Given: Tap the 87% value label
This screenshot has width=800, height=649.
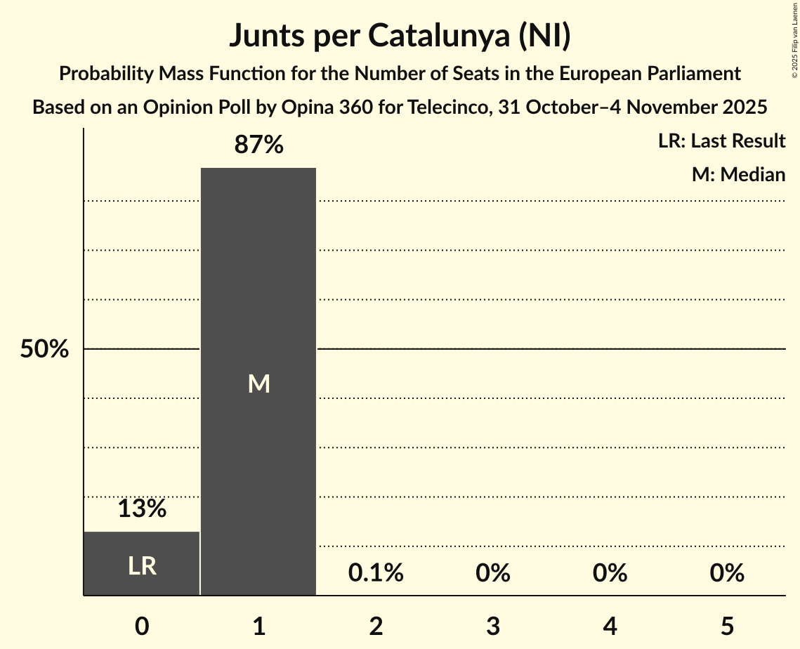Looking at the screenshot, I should [x=258, y=145].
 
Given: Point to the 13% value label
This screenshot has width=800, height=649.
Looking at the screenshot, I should [x=142, y=509].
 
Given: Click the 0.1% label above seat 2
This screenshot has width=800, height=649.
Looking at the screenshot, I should [x=376, y=573].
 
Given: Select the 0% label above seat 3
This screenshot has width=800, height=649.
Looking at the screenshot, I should [x=493, y=573].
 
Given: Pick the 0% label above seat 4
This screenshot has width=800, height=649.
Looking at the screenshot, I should [x=610, y=573].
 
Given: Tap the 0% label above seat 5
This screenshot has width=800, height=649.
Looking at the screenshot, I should [x=727, y=573].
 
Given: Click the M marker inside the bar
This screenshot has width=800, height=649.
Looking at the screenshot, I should [x=258, y=383].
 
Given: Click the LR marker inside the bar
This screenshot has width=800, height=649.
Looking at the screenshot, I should [x=142, y=566].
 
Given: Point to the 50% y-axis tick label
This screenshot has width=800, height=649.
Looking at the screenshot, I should [x=44, y=349].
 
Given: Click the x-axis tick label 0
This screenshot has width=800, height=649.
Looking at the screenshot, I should [x=142, y=626].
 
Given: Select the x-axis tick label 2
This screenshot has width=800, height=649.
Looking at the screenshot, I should [x=376, y=626].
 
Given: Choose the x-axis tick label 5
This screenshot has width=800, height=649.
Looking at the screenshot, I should [x=727, y=626].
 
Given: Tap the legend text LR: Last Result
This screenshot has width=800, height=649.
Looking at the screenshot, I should [x=721, y=141].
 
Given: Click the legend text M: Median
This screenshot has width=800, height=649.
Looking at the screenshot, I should [x=738, y=174].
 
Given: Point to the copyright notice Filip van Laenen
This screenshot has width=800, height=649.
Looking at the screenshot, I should [x=794, y=42].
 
